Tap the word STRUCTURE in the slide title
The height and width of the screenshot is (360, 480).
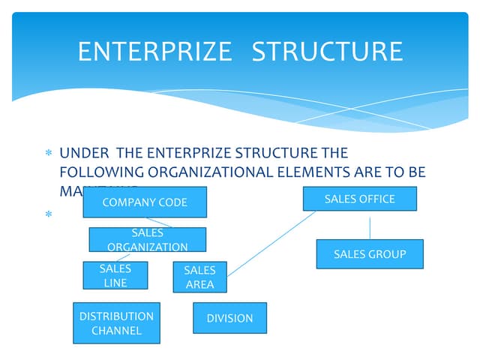pyautogui.click(x=327, y=51)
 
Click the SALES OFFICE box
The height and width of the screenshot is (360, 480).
pyautogui.click(x=359, y=199)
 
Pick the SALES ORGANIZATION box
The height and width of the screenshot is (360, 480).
pyautogui.click(x=147, y=239)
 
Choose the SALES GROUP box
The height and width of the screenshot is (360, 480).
pyautogui.click(x=370, y=254)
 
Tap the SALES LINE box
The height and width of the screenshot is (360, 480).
pyautogui.click(x=115, y=275)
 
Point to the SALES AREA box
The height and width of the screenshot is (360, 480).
pyautogui.click(x=199, y=277)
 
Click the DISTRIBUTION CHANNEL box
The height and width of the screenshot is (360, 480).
pyautogui.click(x=116, y=323)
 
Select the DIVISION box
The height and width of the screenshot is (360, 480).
pyautogui.click(x=229, y=318)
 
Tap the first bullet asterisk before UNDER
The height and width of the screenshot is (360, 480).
pyautogui.click(x=48, y=154)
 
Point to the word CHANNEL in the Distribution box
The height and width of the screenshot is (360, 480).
pyautogui.click(x=116, y=330)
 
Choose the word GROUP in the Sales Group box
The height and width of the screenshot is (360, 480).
pyautogui.click(x=388, y=254)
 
